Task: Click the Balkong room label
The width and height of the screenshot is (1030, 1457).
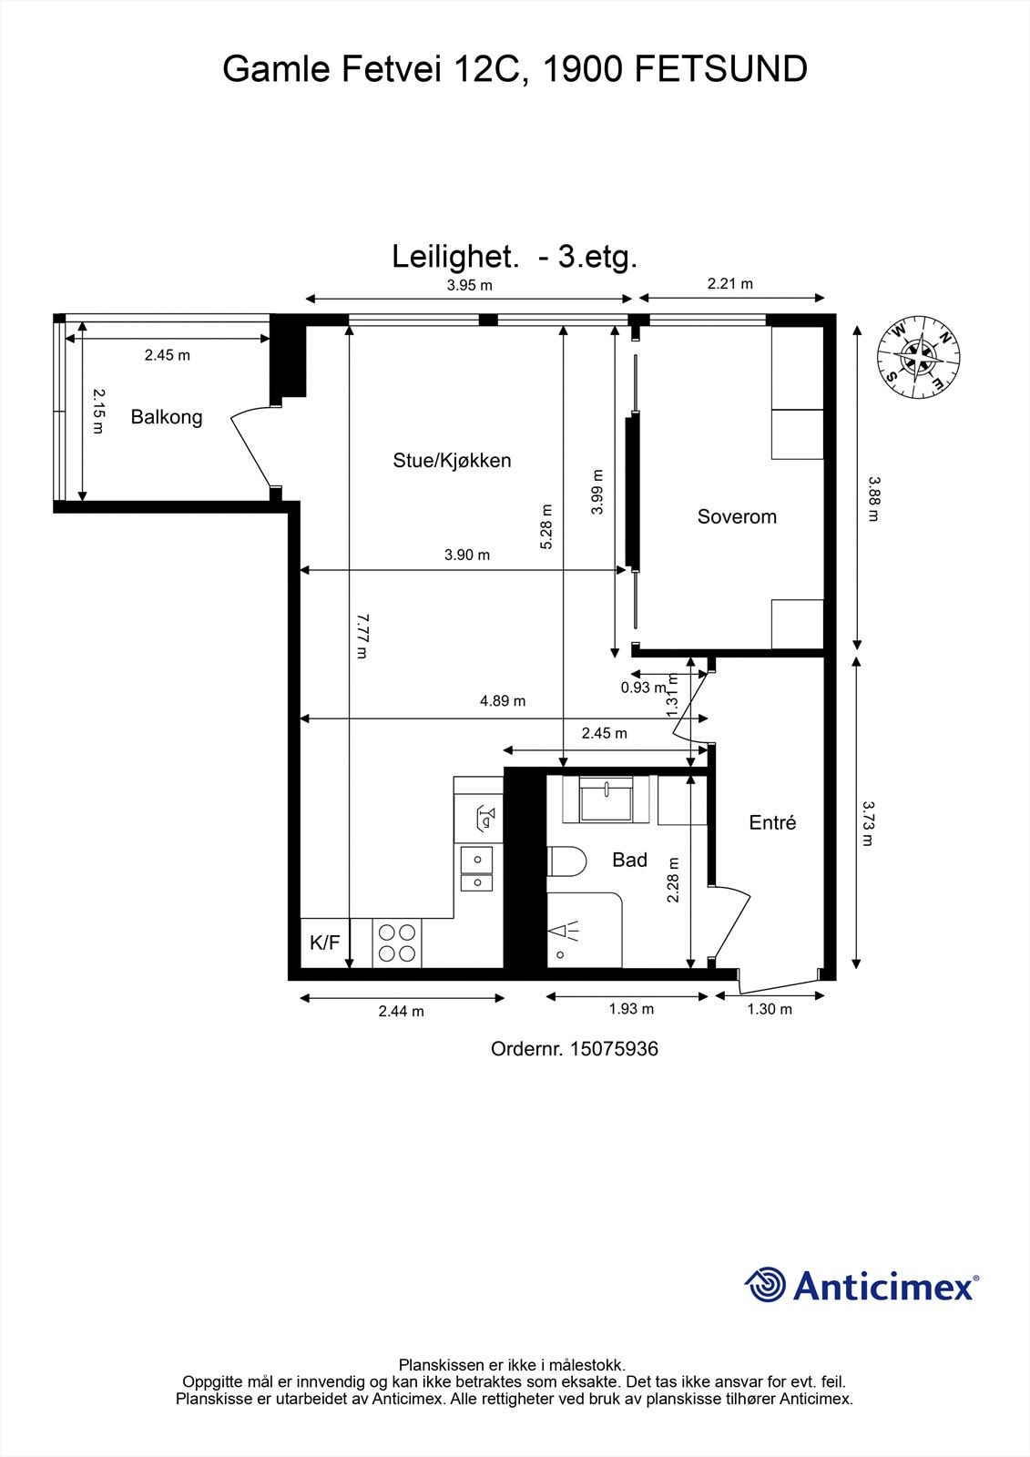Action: [x=167, y=418]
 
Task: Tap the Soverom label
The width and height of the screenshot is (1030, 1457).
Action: [x=737, y=517]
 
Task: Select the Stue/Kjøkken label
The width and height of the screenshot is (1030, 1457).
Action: [x=452, y=461]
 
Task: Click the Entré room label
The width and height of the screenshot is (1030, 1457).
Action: [x=772, y=823]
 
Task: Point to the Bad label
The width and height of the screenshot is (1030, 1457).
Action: [x=629, y=860]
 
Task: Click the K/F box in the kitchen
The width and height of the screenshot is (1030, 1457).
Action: [x=325, y=942]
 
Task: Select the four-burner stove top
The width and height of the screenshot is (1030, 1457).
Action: [x=397, y=942]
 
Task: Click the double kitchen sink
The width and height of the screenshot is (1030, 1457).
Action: [x=476, y=869]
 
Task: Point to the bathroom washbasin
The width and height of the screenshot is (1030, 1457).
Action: [x=607, y=800]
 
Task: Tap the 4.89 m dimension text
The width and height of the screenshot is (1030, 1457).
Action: [x=503, y=701]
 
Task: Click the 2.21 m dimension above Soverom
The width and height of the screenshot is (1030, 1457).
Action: [x=730, y=283]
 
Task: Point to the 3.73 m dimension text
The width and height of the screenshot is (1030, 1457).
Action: [x=868, y=823]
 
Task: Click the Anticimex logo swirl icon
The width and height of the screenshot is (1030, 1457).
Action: [x=765, y=1285]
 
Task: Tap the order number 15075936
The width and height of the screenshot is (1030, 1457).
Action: [x=613, y=1049]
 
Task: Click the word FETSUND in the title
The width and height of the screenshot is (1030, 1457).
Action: [x=719, y=69]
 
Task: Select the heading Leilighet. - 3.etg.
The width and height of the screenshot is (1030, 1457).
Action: [x=515, y=257]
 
